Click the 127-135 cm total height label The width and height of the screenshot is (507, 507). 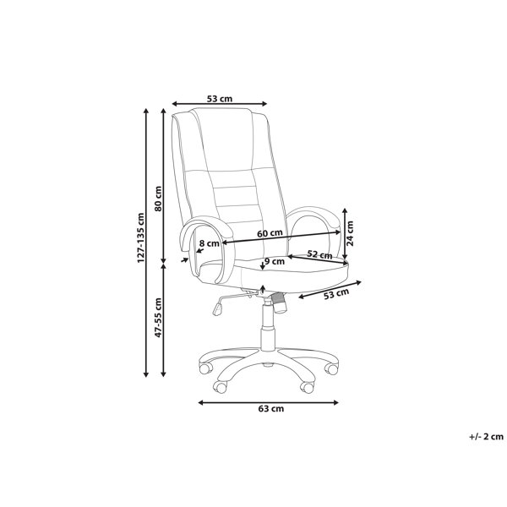pos(141,237)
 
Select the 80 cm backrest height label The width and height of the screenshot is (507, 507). pos(158,199)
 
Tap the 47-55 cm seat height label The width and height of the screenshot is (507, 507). pos(158,318)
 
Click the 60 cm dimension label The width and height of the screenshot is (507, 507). pos(270,233)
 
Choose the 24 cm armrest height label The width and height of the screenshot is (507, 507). pos(350,233)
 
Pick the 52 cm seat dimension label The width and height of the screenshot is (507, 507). pos(319,255)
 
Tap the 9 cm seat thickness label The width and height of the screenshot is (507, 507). pos(274,261)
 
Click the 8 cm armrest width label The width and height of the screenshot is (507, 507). pos(210,243)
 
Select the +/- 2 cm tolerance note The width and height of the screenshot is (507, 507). pos(487,437)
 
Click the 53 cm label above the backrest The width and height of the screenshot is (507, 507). pos(220,99)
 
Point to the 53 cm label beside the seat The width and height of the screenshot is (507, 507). pos(336,293)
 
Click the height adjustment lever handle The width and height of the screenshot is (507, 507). pos(218,308)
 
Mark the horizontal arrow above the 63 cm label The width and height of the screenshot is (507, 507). pos(268,402)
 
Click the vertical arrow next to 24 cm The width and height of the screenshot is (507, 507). pos(345,234)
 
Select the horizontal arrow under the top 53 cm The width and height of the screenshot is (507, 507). pos(220,104)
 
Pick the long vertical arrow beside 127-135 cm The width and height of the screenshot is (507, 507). pos(146,243)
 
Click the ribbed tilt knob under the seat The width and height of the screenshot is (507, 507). pos(278,302)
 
